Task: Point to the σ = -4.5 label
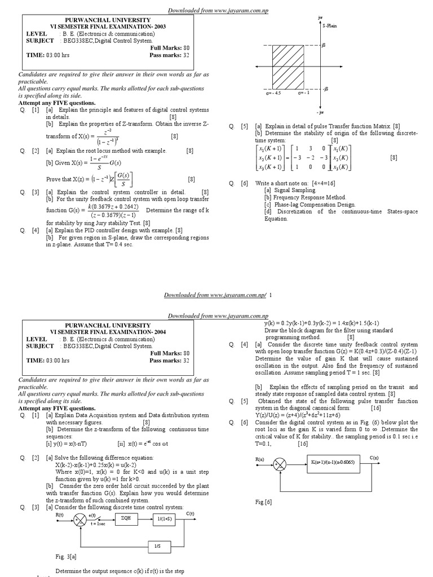[274, 94]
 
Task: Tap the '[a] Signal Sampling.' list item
[290, 190]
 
